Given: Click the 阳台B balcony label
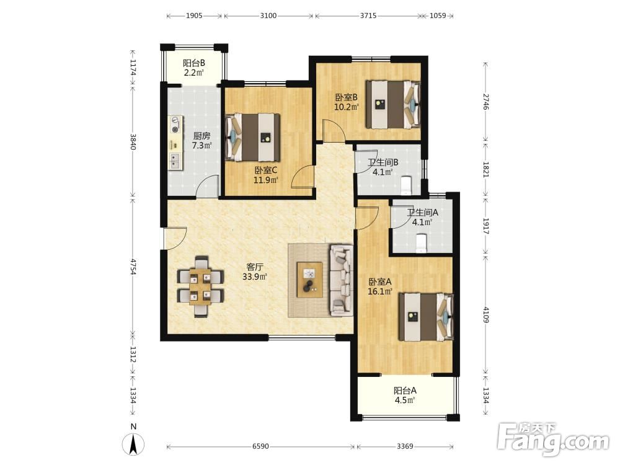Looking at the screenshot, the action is pos(193,63).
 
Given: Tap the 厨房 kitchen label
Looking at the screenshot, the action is pos(201,136).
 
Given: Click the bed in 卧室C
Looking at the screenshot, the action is pos(253,138).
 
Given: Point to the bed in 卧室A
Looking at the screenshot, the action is pos(426,317).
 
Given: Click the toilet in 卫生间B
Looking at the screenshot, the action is pos(407,185).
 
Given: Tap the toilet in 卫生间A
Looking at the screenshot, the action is pos(422,243).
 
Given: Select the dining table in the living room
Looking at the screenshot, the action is pos(201,286).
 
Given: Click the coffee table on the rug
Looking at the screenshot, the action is pos(309,280).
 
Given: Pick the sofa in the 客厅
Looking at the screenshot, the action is pos(342,280).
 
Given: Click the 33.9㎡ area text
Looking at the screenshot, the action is pos(255,277).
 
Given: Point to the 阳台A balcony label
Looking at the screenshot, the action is pos(405,391).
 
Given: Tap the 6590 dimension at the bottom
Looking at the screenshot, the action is pos(260,446).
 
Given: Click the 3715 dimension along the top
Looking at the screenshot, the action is pos(368,16).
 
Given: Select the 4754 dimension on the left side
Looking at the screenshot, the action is pos(133,267).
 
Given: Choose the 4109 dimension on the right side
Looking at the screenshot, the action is pos(486,315).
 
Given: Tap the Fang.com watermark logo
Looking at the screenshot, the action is pos(553,440).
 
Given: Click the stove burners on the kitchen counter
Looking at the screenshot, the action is pos(175,124).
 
